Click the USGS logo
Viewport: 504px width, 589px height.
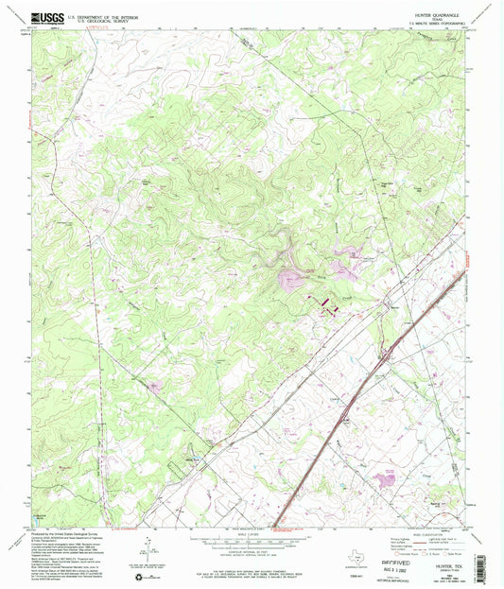(x=46, y=17)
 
